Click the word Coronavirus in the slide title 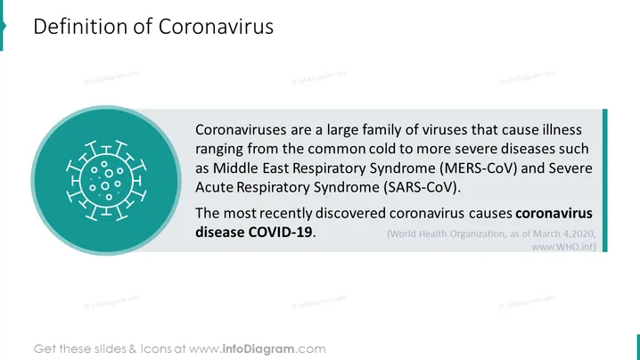pos(216,27)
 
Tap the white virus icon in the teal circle pos(106,180)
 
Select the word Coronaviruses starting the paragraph pos(241,130)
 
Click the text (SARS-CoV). pos(422,187)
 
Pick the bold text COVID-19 pos(281,233)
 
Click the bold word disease pos(219,233)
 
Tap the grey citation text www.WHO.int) pos(563,247)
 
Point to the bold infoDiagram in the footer pos(258,349)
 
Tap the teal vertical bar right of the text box pos(605,180)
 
